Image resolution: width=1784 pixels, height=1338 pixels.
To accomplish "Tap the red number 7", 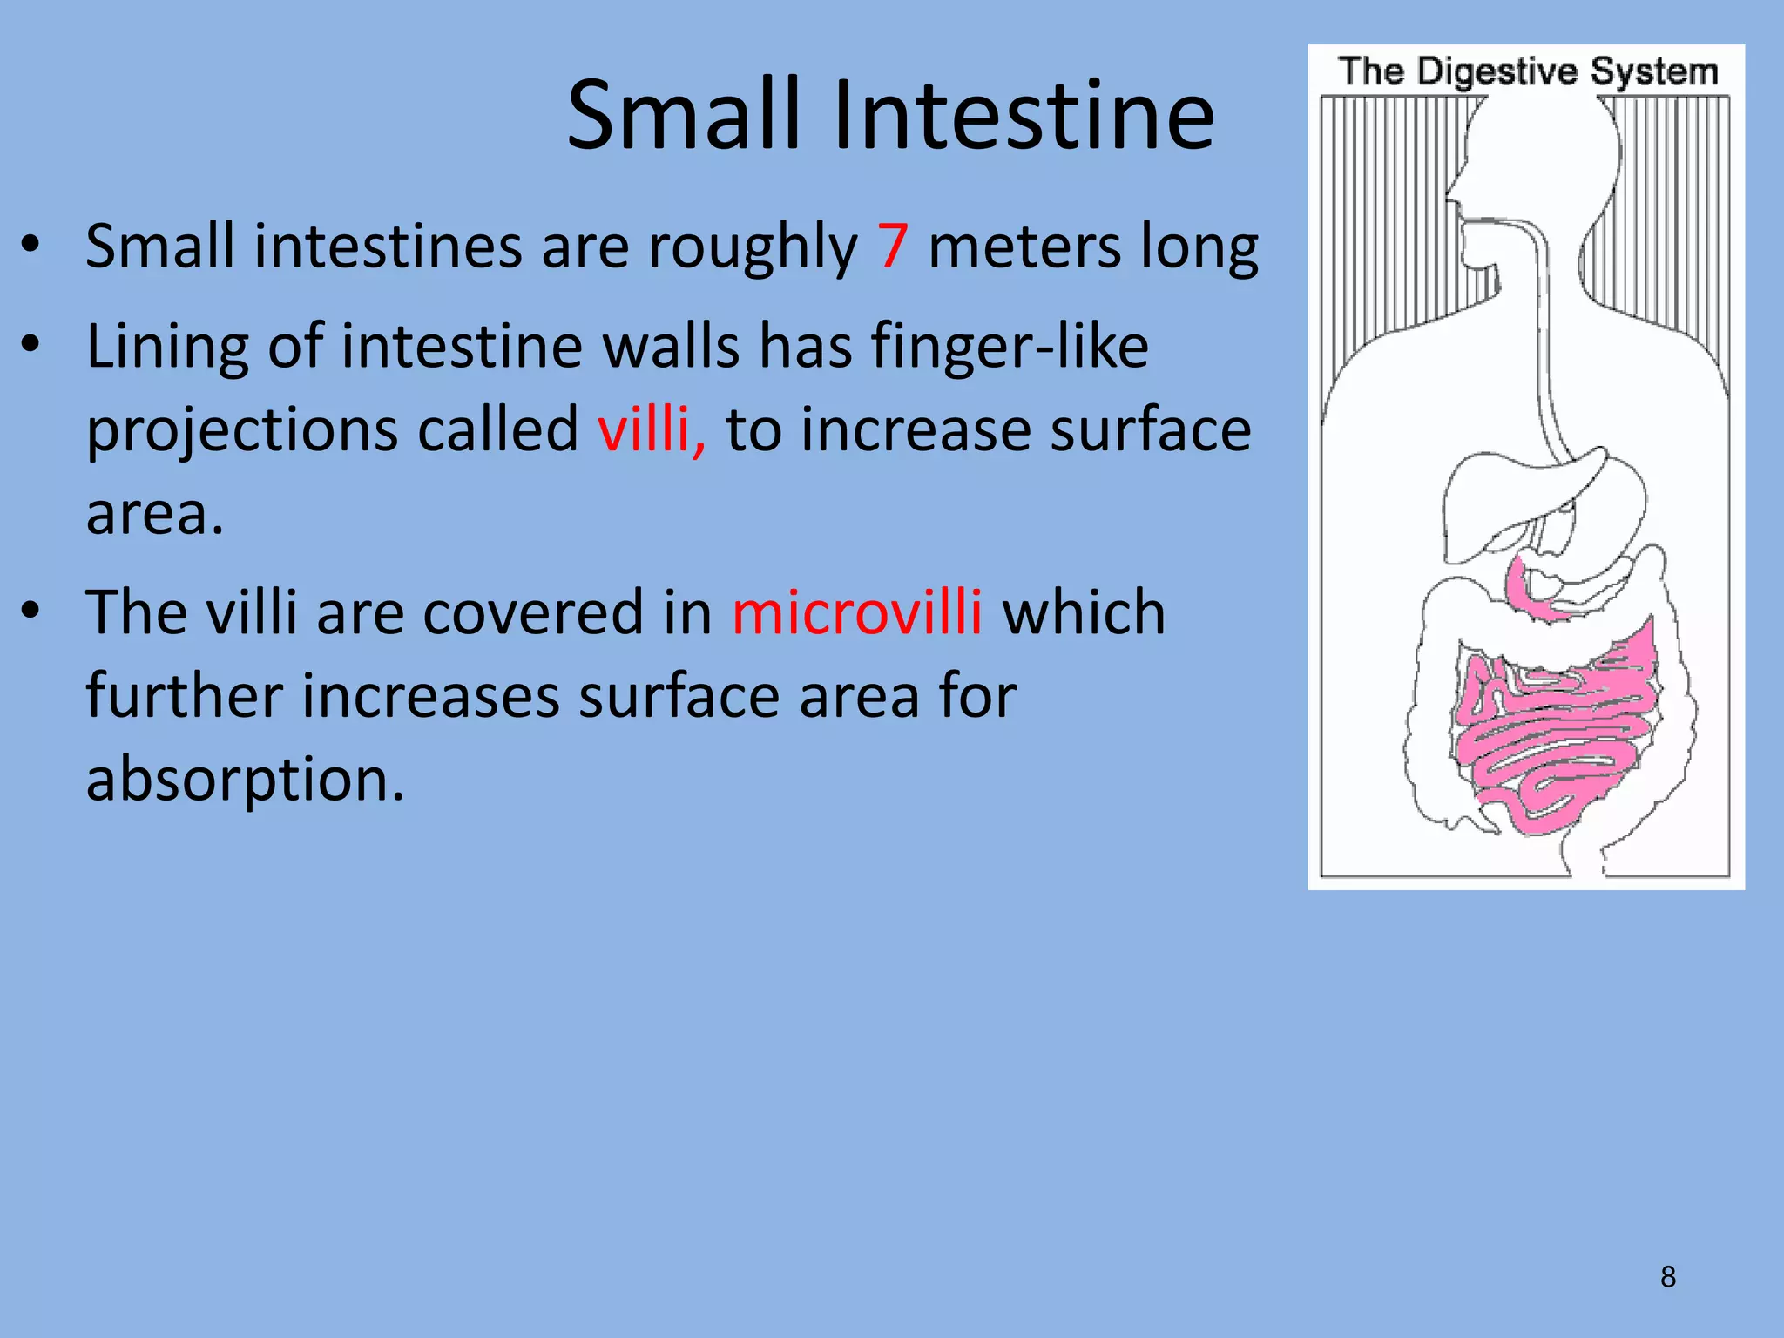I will [x=893, y=247].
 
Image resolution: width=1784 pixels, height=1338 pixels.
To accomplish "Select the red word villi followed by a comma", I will [x=652, y=429].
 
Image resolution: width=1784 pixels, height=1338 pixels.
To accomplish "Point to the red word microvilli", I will [x=857, y=612].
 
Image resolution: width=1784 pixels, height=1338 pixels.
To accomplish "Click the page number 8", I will [x=1667, y=1277].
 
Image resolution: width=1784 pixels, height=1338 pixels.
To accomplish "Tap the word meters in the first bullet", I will [x=1024, y=247].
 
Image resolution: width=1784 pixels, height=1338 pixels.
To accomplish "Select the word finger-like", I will [x=1010, y=347].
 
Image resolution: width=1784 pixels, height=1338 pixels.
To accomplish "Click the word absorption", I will [x=245, y=779].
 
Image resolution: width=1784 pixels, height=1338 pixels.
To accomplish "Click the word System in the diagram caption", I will [x=1654, y=71].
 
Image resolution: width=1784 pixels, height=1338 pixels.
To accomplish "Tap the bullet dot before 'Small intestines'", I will [x=30, y=247].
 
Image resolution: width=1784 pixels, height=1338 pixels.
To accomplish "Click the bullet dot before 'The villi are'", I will [x=30, y=612].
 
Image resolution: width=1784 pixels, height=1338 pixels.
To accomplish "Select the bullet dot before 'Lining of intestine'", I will [x=30, y=346].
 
